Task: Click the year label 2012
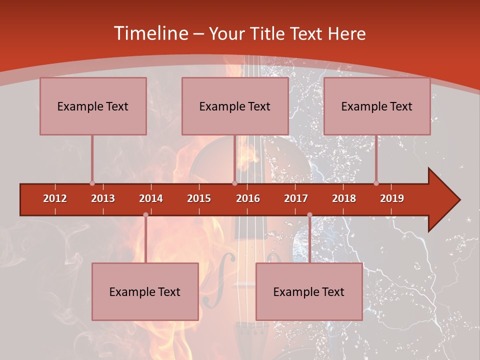(x=55, y=198)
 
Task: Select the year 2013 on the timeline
(x=103, y=198)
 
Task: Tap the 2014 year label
(x=151, y=198)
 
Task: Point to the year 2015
(x=199, y=198)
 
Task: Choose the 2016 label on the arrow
(x=248, y=198)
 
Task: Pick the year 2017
(x=296, y=198)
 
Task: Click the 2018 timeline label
(x=344, y=198)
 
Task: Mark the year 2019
(x=392, y=198)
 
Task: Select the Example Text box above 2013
(x=93, y=106)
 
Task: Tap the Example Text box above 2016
(x=235, y=106)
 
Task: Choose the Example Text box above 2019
(x=377, y=106)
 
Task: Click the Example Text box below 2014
(x=145, y=292)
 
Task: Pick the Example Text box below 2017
(x=309, y=292)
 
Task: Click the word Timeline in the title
(x=150, y=33)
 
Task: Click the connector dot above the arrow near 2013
(x=92, y=183)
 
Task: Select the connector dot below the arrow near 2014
(x=145, y=215)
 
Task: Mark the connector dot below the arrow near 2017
(x=309, y=215)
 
